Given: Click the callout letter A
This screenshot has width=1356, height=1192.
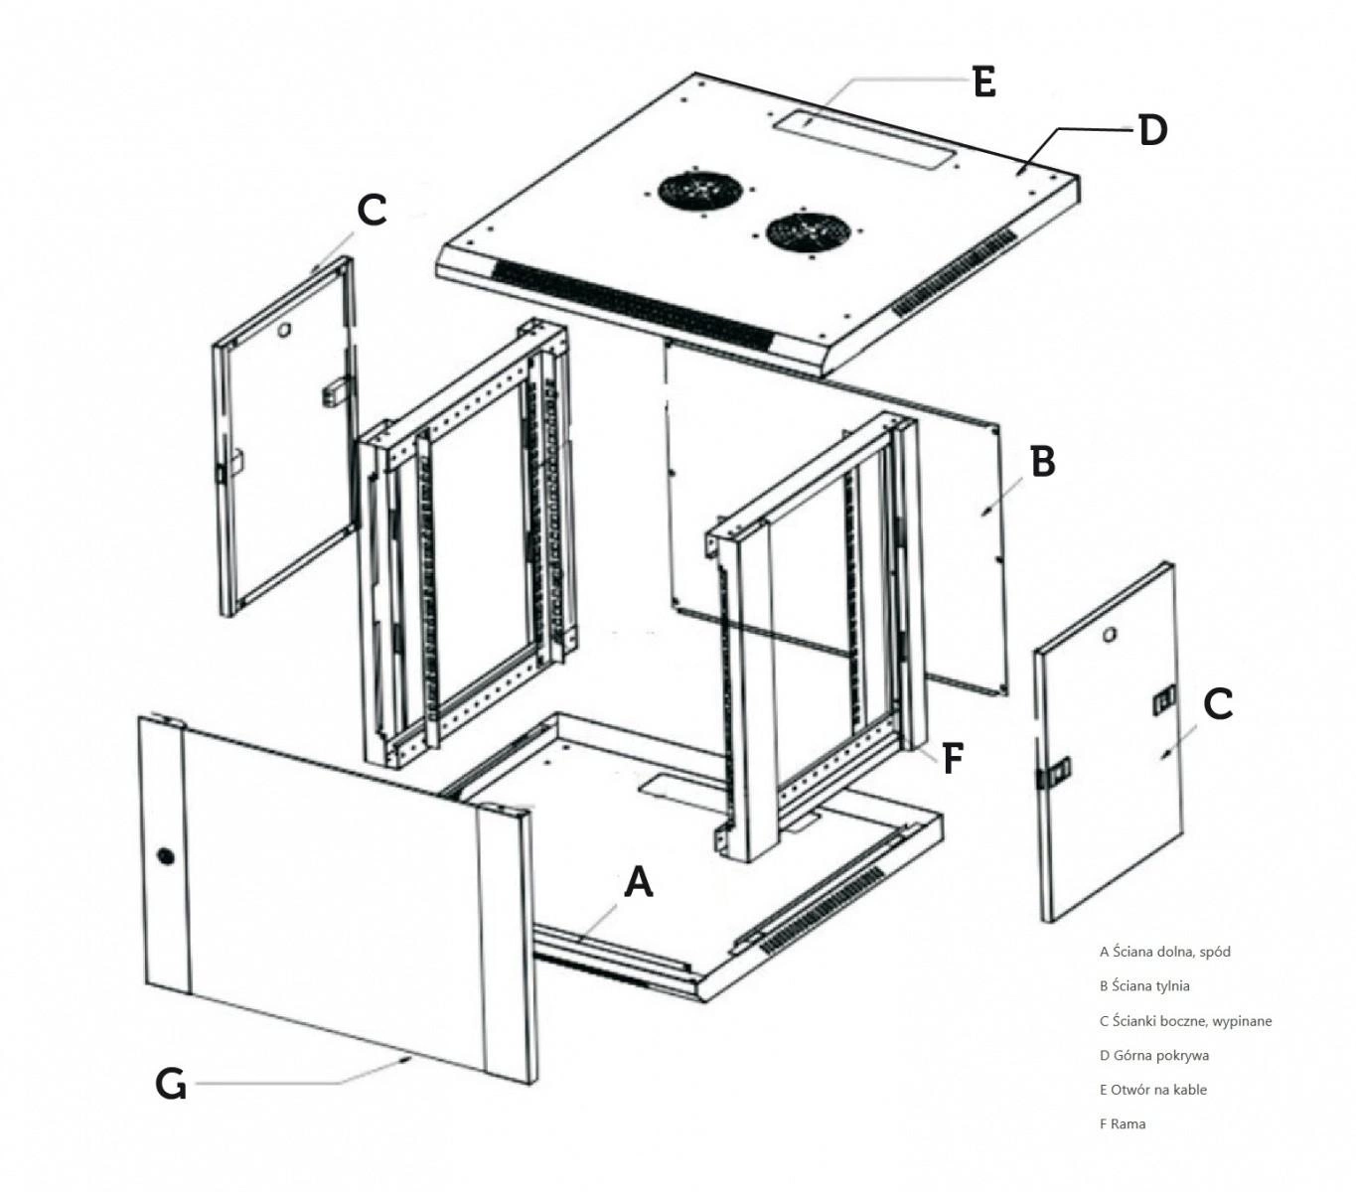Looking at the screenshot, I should click(639, 881).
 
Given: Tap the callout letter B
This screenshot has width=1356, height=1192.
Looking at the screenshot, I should click(1042, 462).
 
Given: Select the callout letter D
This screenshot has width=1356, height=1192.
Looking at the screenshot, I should click(1152, 130).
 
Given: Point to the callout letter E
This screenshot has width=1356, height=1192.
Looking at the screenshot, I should click(983, 81).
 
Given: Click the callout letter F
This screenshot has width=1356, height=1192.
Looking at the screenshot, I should click(952, 759).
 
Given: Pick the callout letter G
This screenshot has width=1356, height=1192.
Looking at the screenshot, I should click(171, 1084).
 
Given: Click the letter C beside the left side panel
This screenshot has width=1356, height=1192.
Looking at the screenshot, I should click(371, 210).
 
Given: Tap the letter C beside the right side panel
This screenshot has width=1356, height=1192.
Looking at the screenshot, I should click(1218, 704).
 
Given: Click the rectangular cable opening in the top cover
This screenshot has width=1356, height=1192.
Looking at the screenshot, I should click(859, 140).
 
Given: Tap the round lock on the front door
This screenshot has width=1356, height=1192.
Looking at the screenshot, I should click(164, 855).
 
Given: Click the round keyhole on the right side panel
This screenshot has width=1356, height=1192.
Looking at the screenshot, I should click(1110, 634).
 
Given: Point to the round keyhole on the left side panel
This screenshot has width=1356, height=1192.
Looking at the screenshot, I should click(282, 327).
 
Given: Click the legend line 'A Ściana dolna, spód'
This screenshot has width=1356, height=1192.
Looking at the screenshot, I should click(1164, 952).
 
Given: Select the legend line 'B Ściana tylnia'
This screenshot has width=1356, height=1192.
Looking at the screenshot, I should click(1144, 986).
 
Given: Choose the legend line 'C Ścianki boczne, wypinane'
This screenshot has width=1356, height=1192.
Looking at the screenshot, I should click(1185, 1021).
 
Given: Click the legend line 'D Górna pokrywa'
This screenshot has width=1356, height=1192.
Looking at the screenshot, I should click(1154, 1056).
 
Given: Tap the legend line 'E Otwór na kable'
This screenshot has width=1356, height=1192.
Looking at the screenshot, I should click(1153, 1090).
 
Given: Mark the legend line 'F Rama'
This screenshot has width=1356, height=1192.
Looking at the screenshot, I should click(1123, 1124).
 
